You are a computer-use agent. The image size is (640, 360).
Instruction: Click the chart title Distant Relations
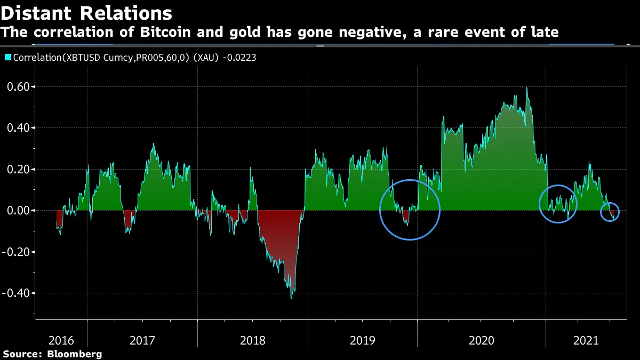click(x=86, y=13)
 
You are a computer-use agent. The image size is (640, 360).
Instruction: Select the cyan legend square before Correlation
click(x=8, y=58)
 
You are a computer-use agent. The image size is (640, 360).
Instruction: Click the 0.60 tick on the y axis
click(x=18, y=86)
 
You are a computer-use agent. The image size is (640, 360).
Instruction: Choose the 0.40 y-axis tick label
click(x=18, y=128)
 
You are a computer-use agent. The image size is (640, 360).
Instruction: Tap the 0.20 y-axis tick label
click(x=18, y=169)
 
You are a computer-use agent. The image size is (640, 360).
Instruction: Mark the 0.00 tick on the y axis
click(x=18, y=210)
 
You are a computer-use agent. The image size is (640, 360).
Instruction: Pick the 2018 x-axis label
click(x=253, y=340)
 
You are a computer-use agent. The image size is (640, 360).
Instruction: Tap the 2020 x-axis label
click(x=482, y=340)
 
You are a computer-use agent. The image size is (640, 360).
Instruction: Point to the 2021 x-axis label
click(x=585, y=340)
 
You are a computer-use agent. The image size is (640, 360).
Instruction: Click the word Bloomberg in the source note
click(x=75, y=354)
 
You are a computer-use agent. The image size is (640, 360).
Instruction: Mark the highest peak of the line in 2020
click(x=526, y=88)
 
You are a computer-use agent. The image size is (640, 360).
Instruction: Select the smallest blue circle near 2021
click(x=610, y=212)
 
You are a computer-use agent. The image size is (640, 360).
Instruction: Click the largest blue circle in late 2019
click(x=410, y=210)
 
